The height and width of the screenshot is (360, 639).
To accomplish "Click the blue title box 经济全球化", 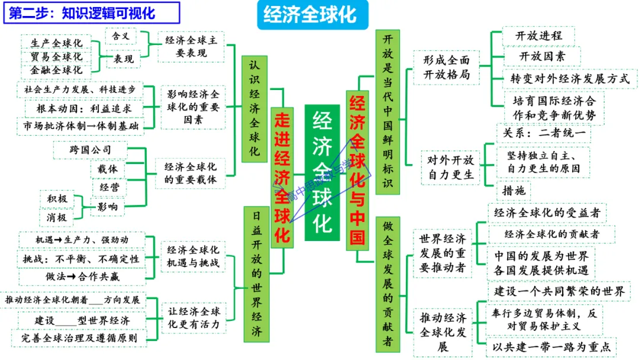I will pos(311,14).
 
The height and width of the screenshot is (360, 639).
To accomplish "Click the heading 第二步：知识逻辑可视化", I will pos(92,12).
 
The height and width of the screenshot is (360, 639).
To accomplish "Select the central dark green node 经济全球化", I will pos(322,172).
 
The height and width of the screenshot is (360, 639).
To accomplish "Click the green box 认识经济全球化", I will pos(254,108).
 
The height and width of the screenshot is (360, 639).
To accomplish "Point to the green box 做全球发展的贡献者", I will pos(388,284).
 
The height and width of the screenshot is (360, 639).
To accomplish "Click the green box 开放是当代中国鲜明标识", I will pos(388,111).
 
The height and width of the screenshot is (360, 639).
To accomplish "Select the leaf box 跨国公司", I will pos(90,150).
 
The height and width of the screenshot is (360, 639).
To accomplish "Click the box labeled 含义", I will pos(121,36).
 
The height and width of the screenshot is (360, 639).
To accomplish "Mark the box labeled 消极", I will pos(57,217).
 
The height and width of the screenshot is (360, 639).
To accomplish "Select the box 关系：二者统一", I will pos(543,134).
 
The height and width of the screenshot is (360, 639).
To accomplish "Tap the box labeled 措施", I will pos(513,191).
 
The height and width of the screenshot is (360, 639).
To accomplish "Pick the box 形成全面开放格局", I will pos(446,67).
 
